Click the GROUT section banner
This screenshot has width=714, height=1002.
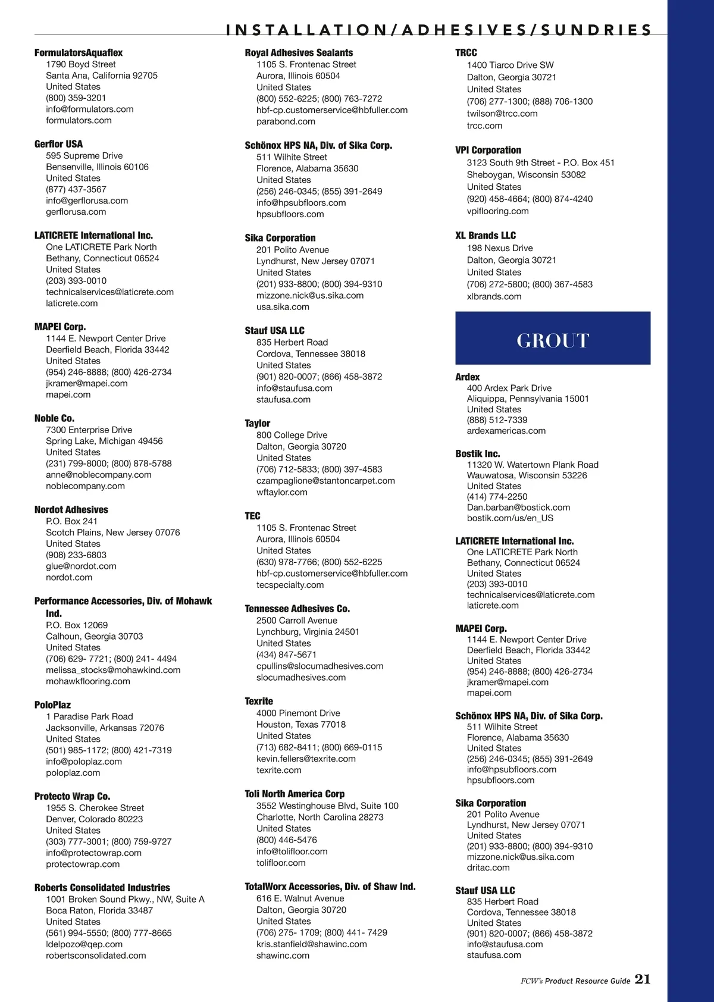553,338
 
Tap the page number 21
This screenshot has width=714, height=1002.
643,979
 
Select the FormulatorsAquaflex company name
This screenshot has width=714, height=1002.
79,53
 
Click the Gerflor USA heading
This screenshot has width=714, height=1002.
58,144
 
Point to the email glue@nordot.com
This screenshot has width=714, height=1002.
81,566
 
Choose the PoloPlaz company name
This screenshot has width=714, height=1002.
52,705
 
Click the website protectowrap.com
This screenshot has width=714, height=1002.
83,865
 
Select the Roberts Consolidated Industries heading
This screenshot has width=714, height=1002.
102,888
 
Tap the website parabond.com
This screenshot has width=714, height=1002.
286,121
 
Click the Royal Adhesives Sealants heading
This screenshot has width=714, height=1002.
299,53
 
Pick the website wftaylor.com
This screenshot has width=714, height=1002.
282,493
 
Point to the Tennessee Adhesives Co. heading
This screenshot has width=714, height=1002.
297,609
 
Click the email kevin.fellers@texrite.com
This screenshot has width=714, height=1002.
306,759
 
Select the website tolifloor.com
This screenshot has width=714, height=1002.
281,863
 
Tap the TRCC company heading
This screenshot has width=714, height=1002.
466,53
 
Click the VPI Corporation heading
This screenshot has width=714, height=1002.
488,151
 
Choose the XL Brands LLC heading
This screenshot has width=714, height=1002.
486,236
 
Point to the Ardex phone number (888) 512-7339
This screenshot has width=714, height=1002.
497,420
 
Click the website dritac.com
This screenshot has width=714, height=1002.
488,868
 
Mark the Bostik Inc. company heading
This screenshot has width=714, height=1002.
477,454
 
